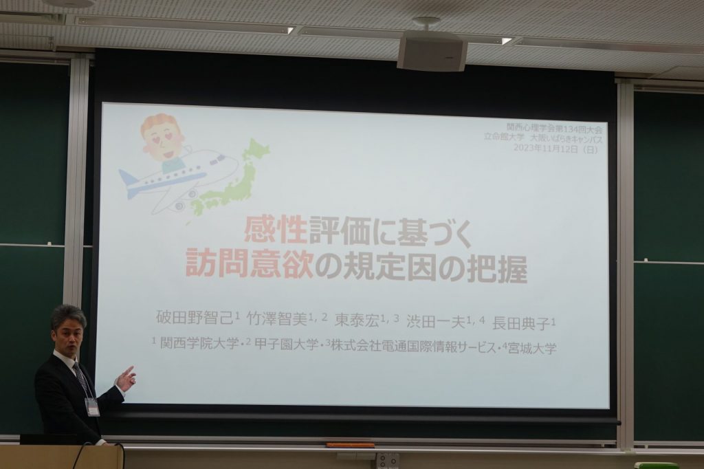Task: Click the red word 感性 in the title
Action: [276, 231]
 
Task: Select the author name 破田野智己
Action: [195, 318]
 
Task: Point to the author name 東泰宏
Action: [357, 320]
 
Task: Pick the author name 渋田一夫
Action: [435, 322]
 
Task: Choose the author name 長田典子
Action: [521, 323]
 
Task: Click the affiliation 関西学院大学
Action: [199, 344]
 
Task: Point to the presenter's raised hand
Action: [126, 378]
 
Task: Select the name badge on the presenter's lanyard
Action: [93, 408]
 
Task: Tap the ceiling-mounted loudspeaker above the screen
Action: [432, 51]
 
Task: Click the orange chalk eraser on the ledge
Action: [350, 445]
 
